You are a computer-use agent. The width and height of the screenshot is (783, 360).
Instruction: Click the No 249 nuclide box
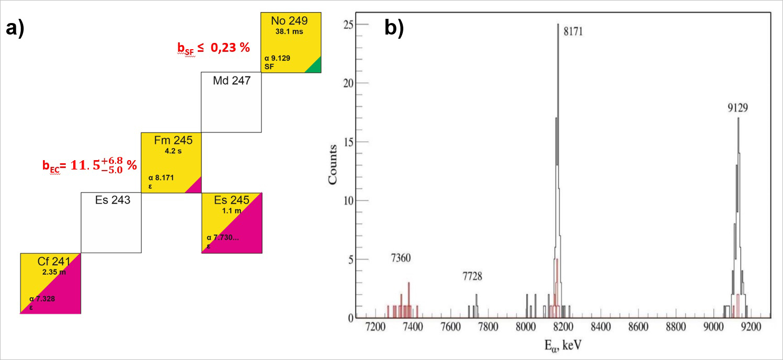(290, 43)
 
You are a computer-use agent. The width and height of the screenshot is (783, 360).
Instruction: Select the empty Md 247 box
(231, 102)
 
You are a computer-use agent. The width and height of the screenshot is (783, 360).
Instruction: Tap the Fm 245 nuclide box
(171, 163)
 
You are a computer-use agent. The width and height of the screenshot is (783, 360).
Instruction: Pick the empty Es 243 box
(110, 223)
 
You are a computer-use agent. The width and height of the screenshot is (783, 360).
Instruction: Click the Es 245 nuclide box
(231, 223)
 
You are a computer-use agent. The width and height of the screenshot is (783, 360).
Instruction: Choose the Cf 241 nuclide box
(50, 283)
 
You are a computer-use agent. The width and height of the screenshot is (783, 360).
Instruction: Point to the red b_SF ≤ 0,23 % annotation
(213, 48)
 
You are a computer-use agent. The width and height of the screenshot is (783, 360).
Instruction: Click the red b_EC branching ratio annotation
(89, 165)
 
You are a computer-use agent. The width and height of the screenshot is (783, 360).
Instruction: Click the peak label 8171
(573, 32)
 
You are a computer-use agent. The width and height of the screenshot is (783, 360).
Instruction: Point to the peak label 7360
(402, 258)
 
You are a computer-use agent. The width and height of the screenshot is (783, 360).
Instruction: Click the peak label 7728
(472, 276)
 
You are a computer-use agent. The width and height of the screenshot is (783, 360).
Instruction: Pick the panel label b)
(394, 28)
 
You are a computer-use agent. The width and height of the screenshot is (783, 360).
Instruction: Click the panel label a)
(15, 28)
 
